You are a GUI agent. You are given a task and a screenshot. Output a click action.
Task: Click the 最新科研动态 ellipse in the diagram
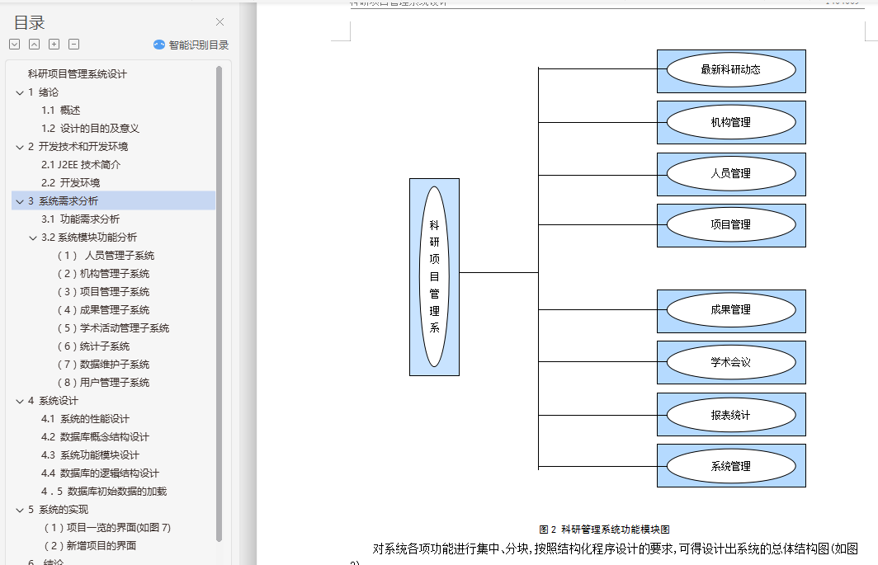coord(730,70)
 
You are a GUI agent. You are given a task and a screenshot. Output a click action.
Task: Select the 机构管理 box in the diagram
coord(730,122)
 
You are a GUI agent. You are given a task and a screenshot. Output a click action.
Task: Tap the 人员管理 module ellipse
coord(730,173)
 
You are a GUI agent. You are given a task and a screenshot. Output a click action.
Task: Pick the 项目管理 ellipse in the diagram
coord(730,224)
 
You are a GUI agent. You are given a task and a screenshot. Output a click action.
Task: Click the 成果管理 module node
coord(730,310)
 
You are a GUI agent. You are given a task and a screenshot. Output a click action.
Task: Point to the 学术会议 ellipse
coord(730,362)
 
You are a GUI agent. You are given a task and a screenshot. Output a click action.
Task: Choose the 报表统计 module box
coord(730,414)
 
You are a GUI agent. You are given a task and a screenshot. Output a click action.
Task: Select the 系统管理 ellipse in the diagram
coord(730,466)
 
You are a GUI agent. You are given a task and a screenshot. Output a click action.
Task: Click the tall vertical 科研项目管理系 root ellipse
coord(434,276)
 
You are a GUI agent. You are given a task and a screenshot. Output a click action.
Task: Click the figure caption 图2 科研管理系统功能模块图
coord(604,530)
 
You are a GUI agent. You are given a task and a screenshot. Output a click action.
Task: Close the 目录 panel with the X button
coord(219,22)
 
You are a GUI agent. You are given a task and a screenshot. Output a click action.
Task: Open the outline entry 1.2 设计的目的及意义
coord(91,128)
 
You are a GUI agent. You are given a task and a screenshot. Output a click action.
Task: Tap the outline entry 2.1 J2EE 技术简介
coord(81,164)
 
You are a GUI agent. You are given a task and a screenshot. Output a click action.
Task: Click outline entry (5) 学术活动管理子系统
coord(113,327)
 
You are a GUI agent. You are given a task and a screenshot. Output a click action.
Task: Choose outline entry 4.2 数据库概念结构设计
coord(95,436)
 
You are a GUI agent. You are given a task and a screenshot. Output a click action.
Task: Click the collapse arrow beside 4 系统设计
coord(20,401)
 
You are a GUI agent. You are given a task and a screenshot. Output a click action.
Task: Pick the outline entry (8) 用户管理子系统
coord(103,382)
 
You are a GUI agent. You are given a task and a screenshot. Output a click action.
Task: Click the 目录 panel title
coord(30,23)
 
